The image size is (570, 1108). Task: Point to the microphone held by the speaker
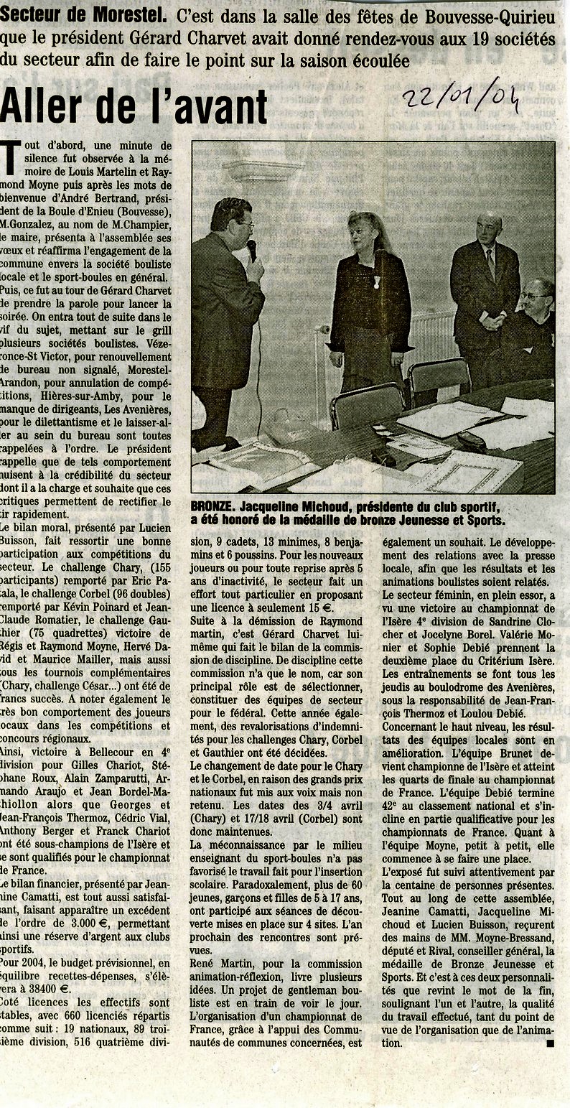(252, 250)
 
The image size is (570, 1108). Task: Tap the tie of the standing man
(490, 264)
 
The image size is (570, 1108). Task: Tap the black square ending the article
(550, 1043)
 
